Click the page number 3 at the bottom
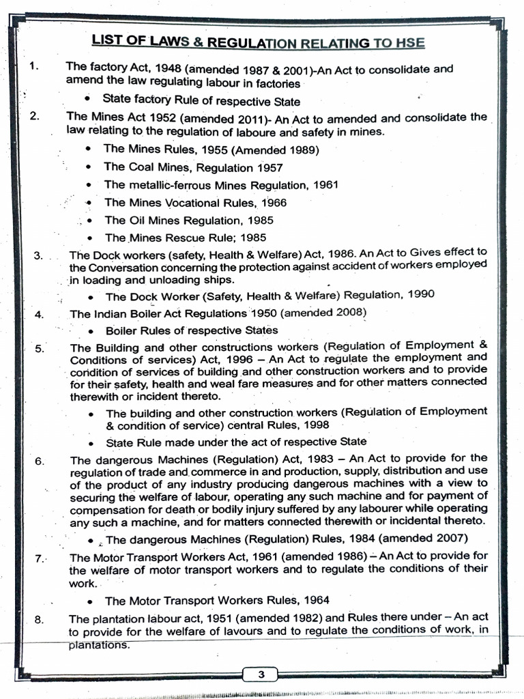pyautogui.click(x=261, y=675)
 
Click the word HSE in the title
pyautogui.click(x=407, y=43)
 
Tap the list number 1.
pyautogui.click(x=34, y=67)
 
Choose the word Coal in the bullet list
pyautogui.click(x=143, y=167)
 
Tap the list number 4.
pyautogui.click(x=39, y=314)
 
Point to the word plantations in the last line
pyautogui.click(x=99, y=644)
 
